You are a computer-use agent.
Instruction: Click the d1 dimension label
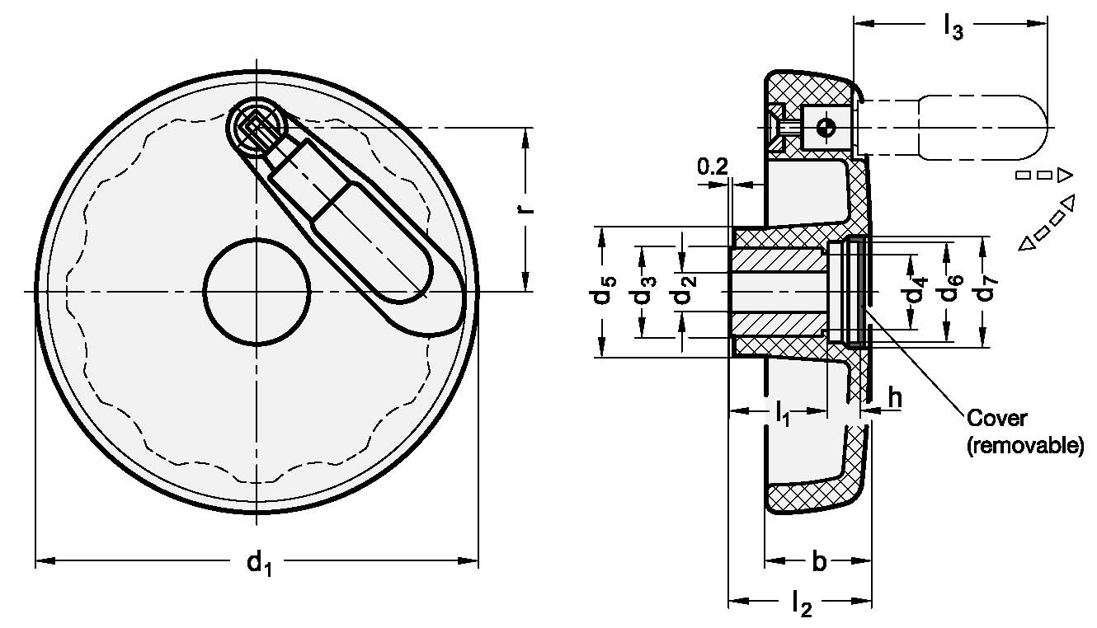pyautogui.click(x=258, y=564)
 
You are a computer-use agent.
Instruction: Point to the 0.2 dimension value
pyautogui.click(x=712, y=167)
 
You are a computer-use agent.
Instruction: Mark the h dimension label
pyautogui.click(x=894, y=398)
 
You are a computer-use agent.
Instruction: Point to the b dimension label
pyautogui.click(x=818, y=562)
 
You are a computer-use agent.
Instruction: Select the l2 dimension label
pyautogui.click(x=800, y=607)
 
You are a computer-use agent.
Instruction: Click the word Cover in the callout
pyautogui.click(x=997, y=418)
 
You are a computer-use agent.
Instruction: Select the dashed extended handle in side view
pyautogui.click(x=982, y=127)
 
